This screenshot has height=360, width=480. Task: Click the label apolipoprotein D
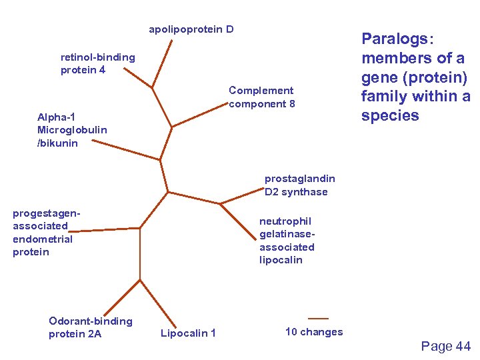[191, 30]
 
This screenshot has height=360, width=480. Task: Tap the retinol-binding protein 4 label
[97, 63]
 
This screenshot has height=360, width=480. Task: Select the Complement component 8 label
[261, 97]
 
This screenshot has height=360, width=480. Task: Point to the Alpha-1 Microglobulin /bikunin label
[72, 130]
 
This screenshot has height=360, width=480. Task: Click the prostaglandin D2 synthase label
[299, 185]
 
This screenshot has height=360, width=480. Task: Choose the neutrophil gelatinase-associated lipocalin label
[287, 240]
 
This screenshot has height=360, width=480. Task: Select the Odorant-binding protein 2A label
[90, 327]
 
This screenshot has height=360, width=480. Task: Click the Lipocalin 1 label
[188, 333]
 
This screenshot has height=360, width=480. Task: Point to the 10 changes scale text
[313, 332]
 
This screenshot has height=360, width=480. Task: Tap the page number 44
[446, 346]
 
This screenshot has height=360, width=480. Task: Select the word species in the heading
[390, 115]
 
